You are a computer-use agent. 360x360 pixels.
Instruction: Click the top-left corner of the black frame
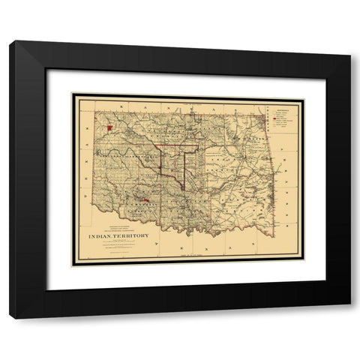point(10,42)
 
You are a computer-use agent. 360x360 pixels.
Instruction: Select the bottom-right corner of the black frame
point(349,318)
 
